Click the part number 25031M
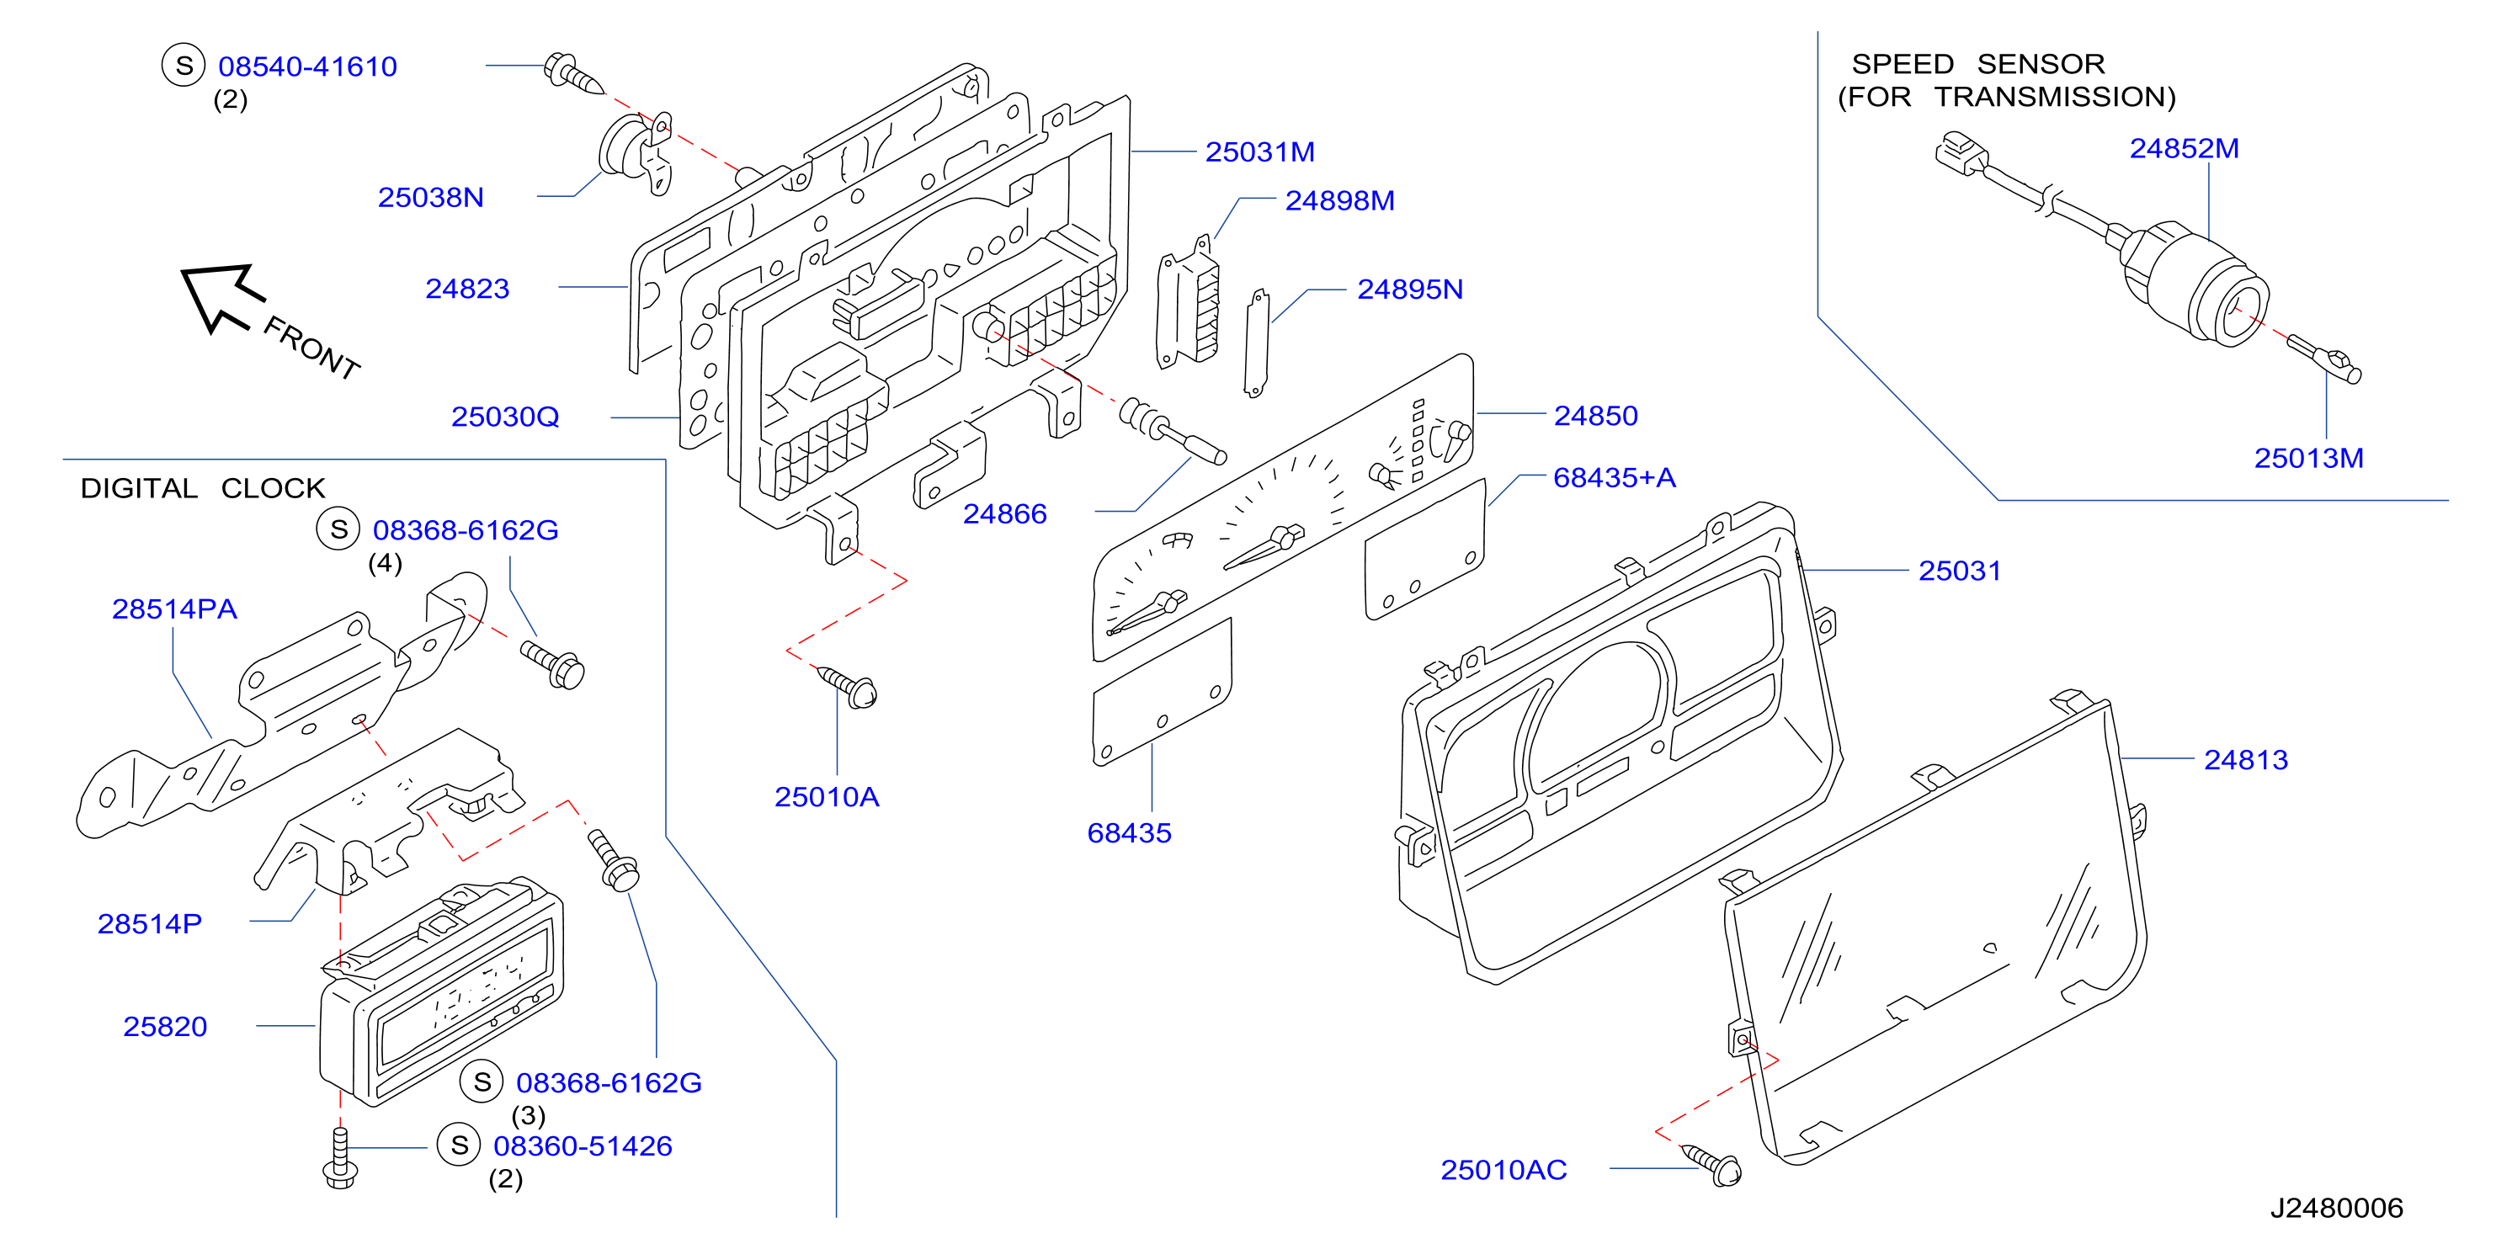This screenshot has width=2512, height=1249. (x=1260, y=152)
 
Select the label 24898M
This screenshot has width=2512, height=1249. (x=1340, y=201)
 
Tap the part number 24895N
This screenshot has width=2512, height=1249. (x=1410, y=290)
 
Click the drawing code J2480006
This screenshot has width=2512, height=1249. (x=2336, y=1208)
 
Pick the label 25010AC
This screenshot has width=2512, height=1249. (x=1503, y=1170)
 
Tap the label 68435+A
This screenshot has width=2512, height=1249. (x=1614, y=478)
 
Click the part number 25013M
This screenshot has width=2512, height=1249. (x=2308, y=458)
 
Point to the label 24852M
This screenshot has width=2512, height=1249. (x=2185, y=148)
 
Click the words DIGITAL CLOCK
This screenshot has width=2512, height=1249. (x=203, y=488)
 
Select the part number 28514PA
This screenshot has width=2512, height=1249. (x=174, y=609)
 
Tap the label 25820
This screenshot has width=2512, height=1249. (x=165, y=1027)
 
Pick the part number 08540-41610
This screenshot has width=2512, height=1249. (x=307, y=66)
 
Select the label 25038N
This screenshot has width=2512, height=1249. (x=431, y=198)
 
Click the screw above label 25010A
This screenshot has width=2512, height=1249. (x=846, y=687)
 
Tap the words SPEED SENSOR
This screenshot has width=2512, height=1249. (x=1978, y=64)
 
